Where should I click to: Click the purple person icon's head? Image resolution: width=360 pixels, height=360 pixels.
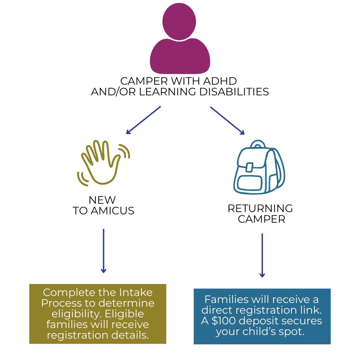179,21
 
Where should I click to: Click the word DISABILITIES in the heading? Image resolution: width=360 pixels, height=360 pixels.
234,92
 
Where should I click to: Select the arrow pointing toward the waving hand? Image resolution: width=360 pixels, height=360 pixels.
143,120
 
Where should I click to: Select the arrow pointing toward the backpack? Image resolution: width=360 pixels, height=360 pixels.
227,120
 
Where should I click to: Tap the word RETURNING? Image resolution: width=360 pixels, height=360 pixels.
260,209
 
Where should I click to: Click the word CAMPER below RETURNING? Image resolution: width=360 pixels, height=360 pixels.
261,219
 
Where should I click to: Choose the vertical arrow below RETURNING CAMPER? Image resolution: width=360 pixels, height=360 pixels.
262,255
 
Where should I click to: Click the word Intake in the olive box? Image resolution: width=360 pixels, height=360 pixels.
136,292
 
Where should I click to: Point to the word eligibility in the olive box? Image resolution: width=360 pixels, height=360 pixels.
74,314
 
